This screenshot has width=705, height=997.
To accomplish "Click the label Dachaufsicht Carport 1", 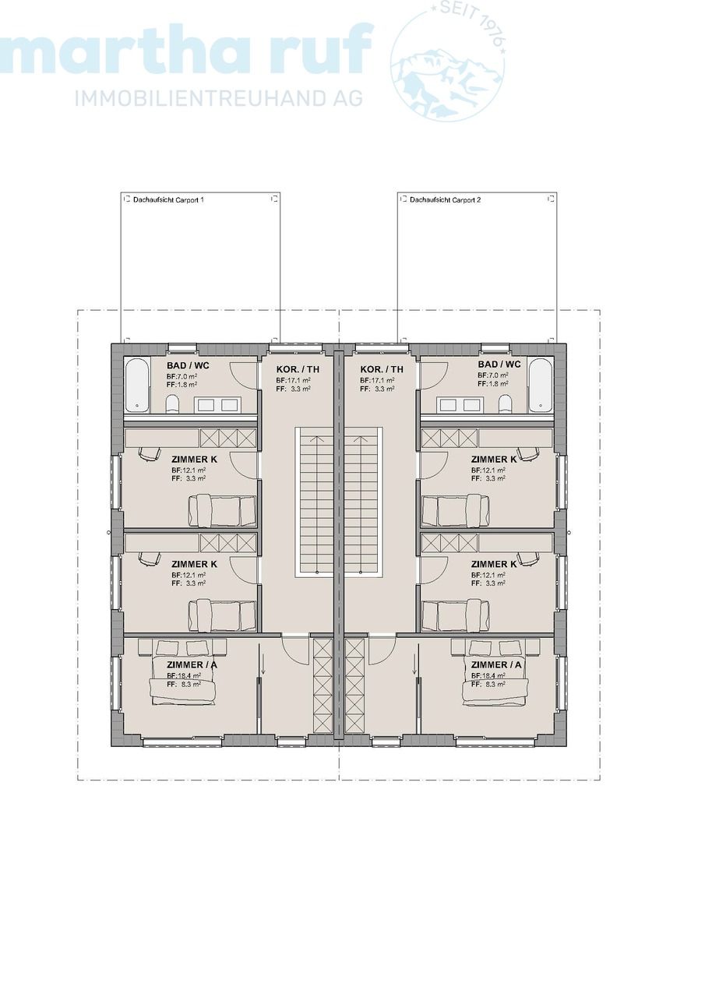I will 168,200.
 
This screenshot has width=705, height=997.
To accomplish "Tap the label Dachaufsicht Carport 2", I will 445,200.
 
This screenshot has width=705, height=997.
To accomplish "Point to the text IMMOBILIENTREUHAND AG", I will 219,98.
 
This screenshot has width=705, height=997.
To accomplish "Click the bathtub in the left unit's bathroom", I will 138,385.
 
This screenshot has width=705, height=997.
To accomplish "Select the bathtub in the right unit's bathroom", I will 540,385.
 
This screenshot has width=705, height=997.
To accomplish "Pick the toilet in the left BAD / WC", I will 173,403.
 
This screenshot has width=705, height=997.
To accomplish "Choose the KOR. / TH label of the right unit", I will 382,369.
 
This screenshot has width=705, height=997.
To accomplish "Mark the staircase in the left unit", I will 315,502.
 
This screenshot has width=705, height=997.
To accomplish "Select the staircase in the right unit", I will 361,502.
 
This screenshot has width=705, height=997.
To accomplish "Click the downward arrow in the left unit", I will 263,665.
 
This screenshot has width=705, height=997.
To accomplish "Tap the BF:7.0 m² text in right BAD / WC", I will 492,375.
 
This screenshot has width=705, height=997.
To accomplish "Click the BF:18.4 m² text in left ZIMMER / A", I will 184,675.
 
